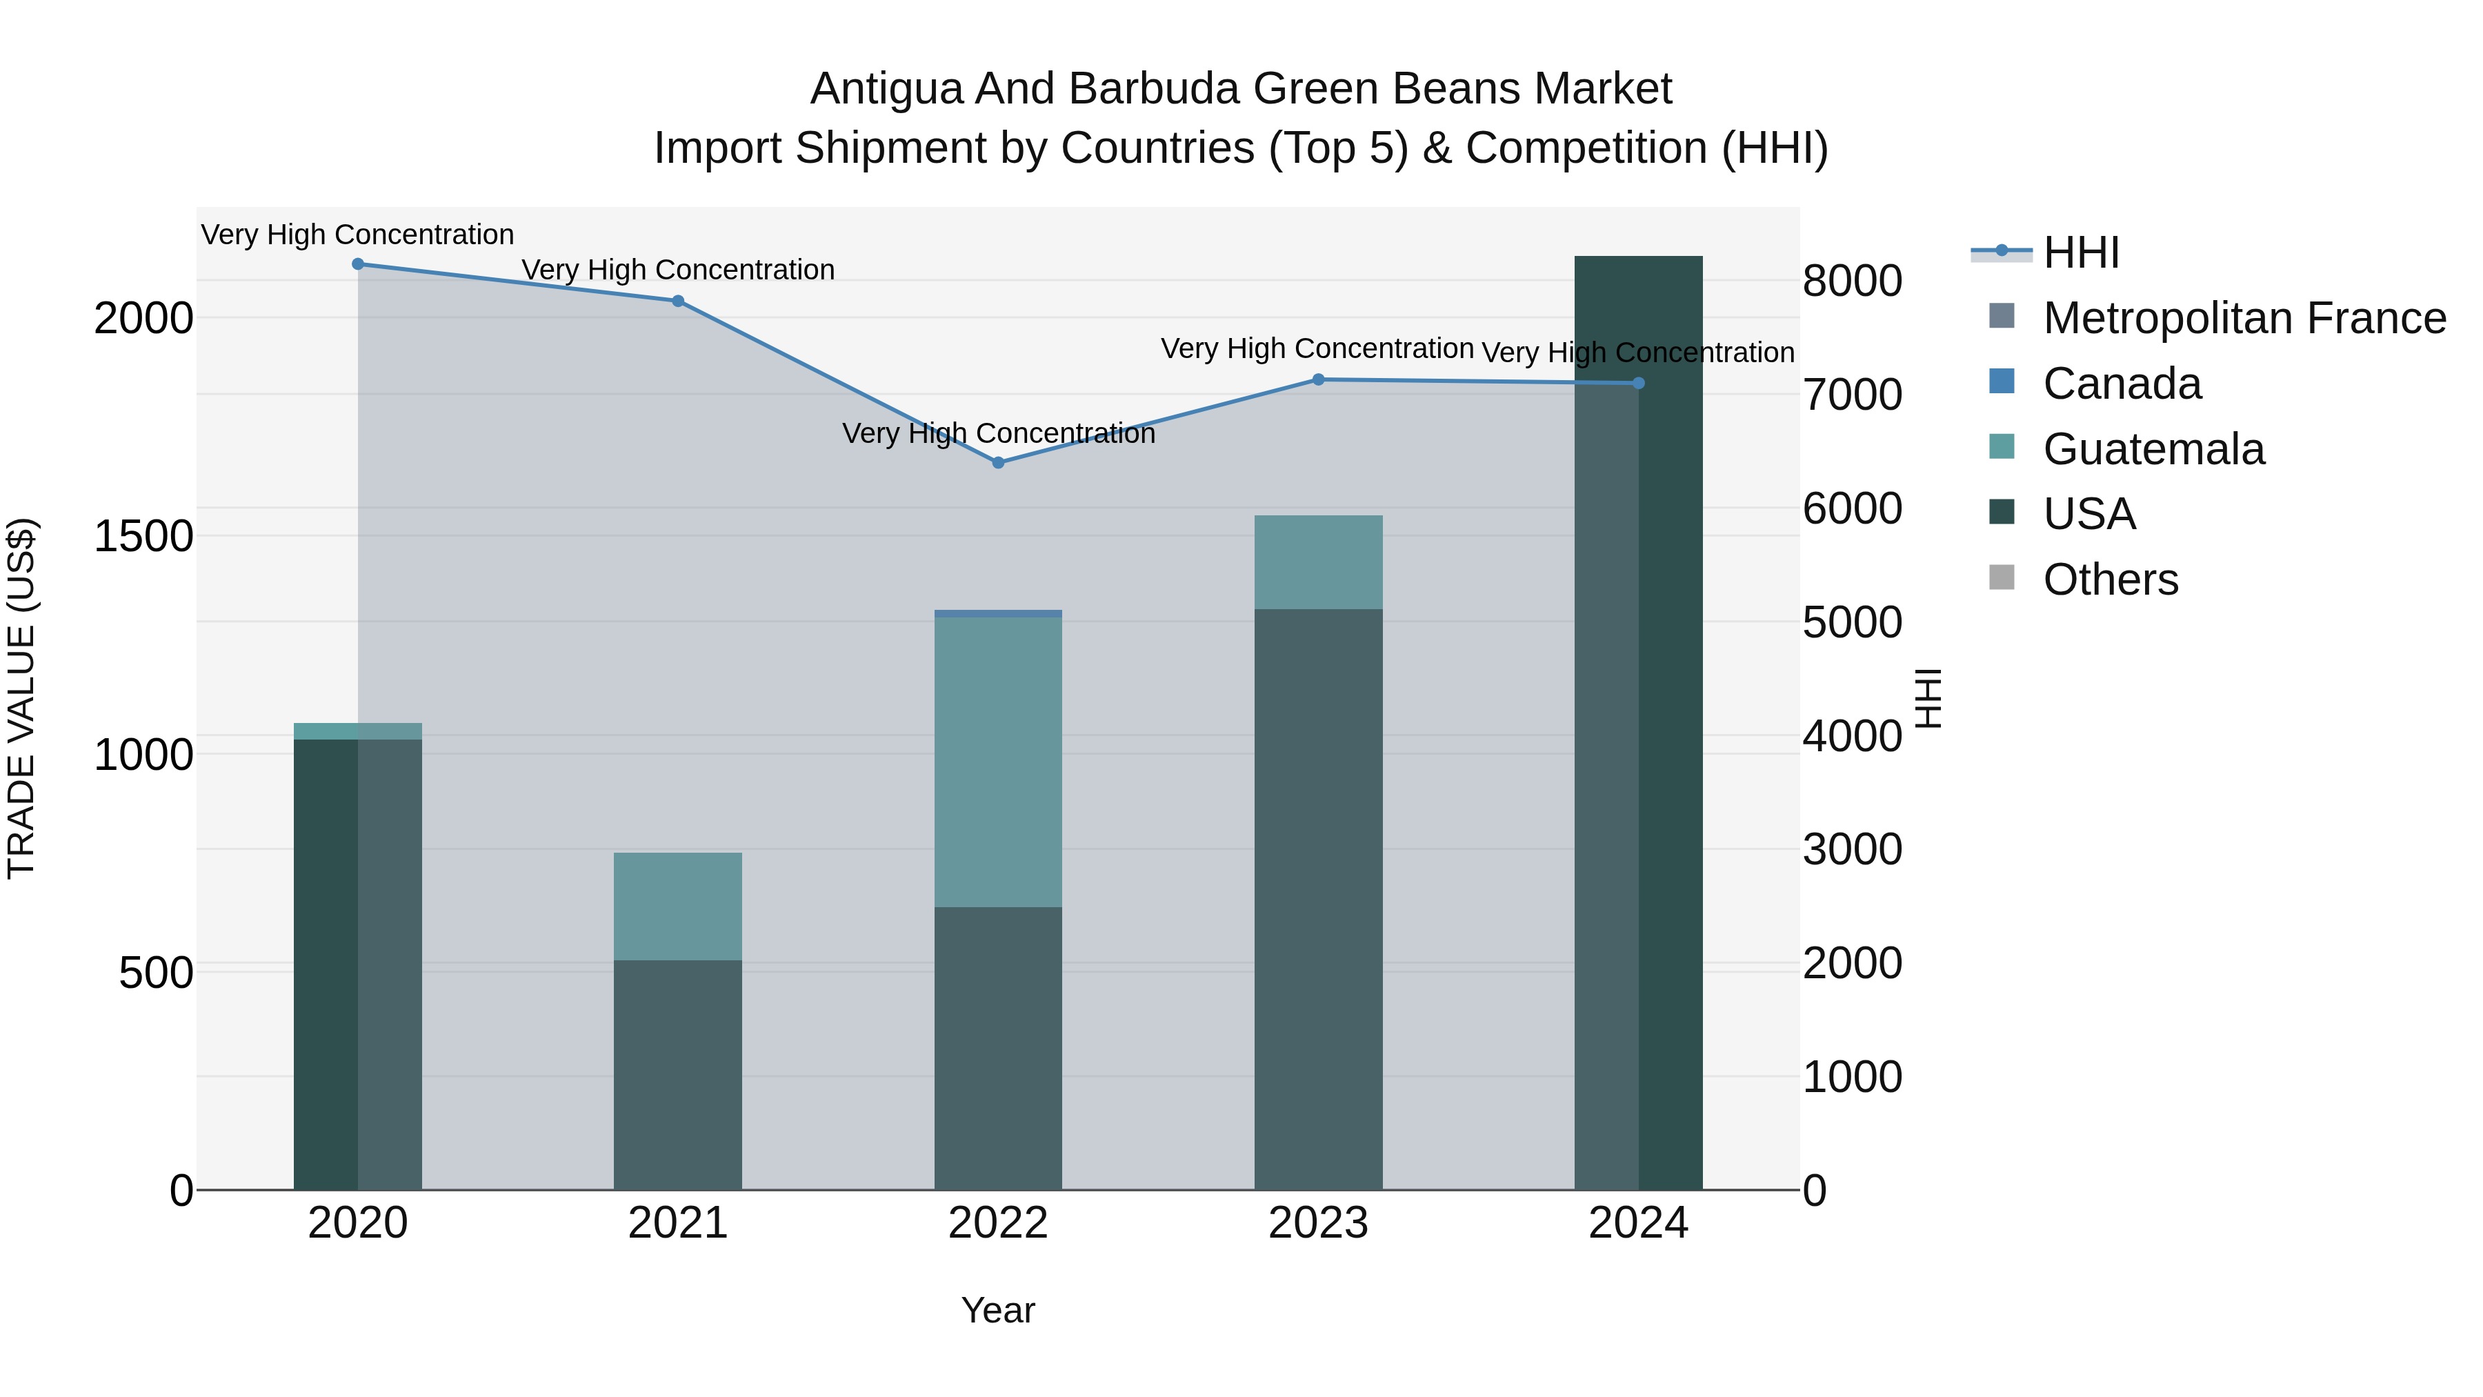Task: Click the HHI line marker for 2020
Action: coord(357,264)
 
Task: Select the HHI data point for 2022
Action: coord(997,463)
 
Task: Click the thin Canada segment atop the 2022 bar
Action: coord(997,613)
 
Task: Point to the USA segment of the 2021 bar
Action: coord(677,1074)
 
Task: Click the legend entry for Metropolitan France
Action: coord(2243,318)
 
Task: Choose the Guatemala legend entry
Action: coord(2153,449)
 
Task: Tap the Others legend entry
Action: coord(2109,579)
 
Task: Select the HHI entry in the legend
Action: coord(2080,252)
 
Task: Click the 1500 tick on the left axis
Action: coord(143,536)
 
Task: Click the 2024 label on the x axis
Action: coord(1637,1223)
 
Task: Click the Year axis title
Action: coord(997,1310)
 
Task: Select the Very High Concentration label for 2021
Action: coord(677,270)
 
